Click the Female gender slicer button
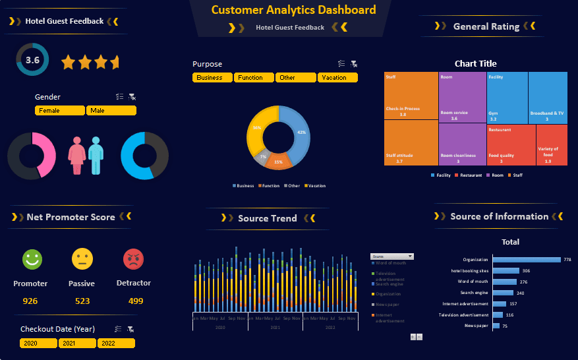[x=60, y=111]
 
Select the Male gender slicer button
[x=111, y=111]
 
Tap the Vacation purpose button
[x=337, y=78]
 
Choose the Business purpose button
[x=212, y=78]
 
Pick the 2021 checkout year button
[x=77, y=344]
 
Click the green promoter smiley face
[x=31, y=259]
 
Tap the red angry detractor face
[x=133, y=259]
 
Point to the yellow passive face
[x=82, y=259]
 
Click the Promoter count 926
[x=30, y=301]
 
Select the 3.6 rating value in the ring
[x=32, y=60]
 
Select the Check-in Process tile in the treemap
[x=411, y=96]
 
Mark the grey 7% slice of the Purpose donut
[x=262, y=158]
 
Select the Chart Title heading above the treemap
[x=475, y=64]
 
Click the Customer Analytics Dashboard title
[x=293, y=10]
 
